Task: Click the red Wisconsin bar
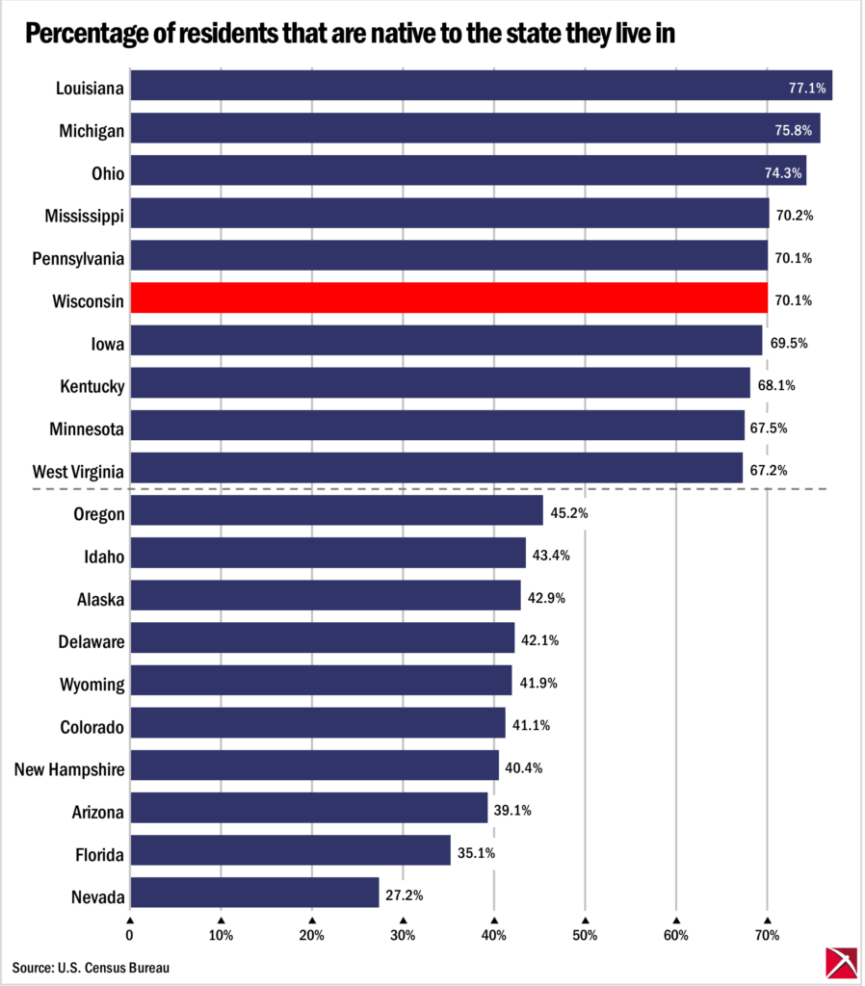pos(449,298)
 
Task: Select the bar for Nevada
pos(254,893)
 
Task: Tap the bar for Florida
pos(290,850)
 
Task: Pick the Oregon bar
pos(336,510)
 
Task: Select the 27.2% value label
pos(405,895)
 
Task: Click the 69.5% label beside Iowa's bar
pos(788,343)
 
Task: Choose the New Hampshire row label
pos(69,768)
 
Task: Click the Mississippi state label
pos(84,215)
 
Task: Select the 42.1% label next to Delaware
pos(539,640)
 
